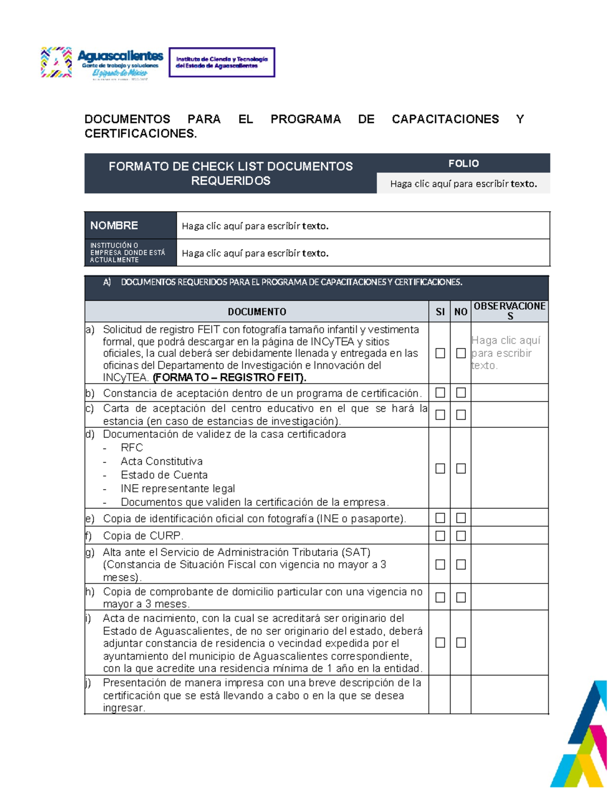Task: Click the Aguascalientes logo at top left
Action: coord(101,62)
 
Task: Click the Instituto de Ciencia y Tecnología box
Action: coord(222,62)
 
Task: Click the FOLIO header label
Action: coord(463,163)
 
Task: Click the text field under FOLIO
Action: coord(463,184)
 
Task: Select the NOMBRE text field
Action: coord(362,226)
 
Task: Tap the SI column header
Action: coord(440,312)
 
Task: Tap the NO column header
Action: coord(460,312)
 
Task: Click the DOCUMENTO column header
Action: coord(257,312)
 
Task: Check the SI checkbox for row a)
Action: coord(440,353)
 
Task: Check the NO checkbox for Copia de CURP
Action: coord(461,536)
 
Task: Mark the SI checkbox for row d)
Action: coord(440,468)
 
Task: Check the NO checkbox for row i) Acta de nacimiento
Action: coord(461,642)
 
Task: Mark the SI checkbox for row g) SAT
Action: coord(440,564)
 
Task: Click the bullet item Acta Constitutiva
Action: coord(161,461)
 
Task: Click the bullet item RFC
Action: coord(131,448)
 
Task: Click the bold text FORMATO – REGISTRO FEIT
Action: coord(229,378)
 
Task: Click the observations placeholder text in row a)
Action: coord(505,353)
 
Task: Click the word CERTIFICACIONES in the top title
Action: coord(140,133)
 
